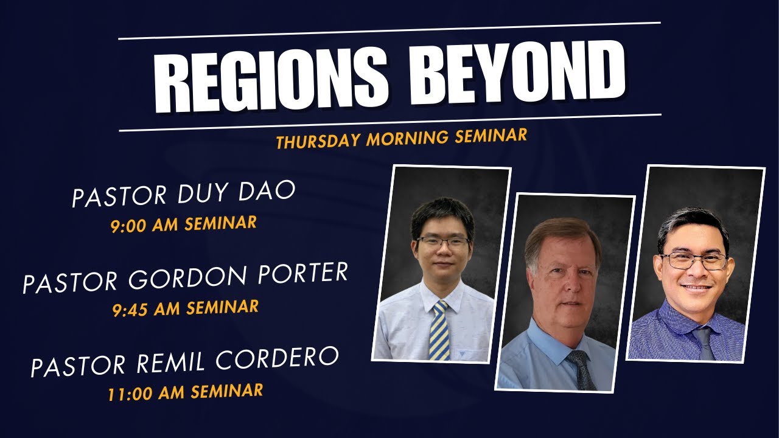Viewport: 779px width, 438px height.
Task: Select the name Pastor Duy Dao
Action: pyautogui.click(x=183, y=193)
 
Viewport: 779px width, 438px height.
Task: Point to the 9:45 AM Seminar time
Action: pyautogui.click(x=185, y=308)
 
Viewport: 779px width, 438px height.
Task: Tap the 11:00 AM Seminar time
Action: pyautogui.click(x=185, y=391)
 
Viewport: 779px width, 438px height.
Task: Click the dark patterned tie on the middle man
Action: pyautogui.click(x=581, y=369)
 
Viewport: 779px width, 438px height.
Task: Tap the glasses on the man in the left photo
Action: pyautogui.click(x=443, y=242)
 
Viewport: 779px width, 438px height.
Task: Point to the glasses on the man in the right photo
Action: pyautogui.click(x=694, y=260)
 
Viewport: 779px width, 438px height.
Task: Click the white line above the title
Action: pyautogui.click(x=389, y=31)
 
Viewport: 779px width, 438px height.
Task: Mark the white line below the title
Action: pyautogui.click(x=389, y=122)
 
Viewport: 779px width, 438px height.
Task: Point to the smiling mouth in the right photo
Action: pyautogui.click(x=696, y=287)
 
